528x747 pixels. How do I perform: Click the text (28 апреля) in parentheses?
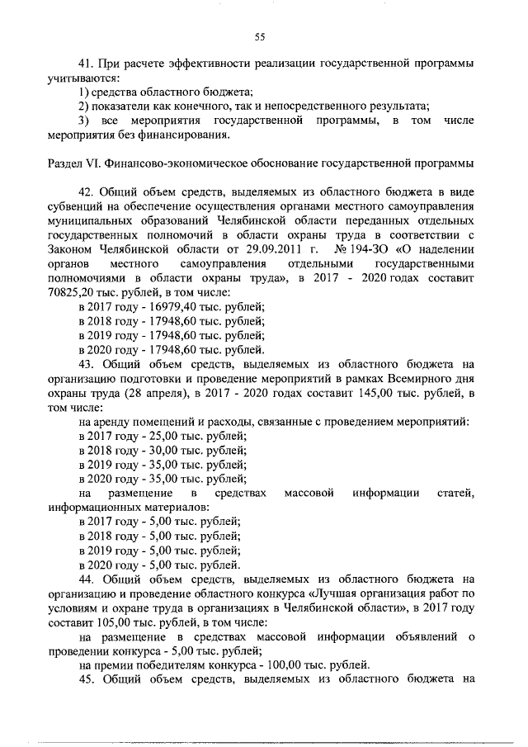(x=149, y=394)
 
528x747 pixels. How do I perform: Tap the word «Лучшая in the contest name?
(x=334, y=594)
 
